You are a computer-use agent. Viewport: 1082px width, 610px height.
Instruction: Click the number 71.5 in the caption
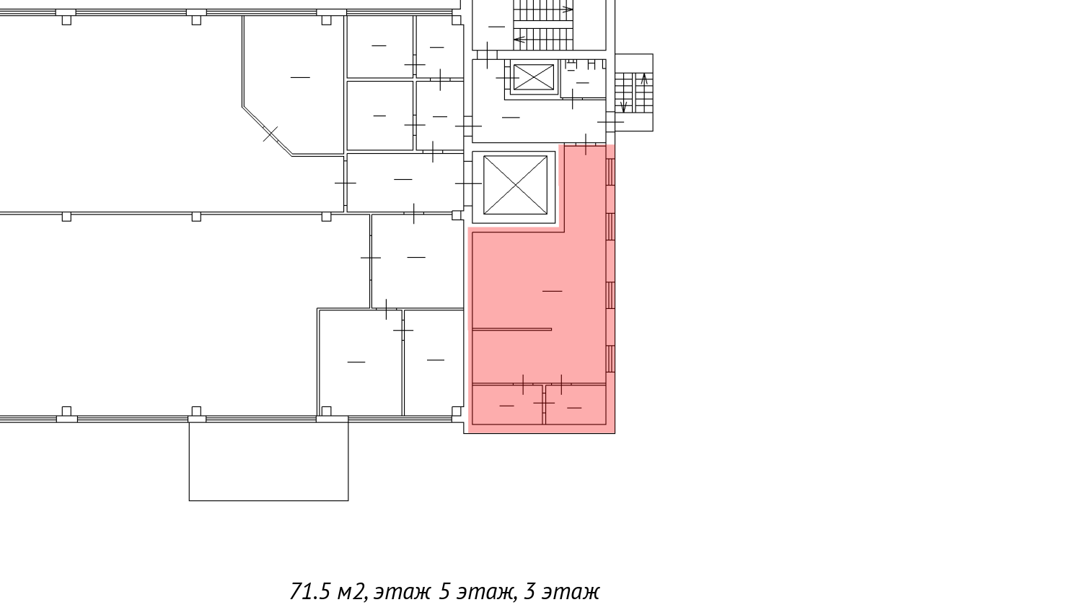[310, 592]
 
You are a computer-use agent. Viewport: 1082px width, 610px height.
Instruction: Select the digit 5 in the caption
[444, 592]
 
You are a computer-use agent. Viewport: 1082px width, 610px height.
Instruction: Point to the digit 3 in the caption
[529, 592]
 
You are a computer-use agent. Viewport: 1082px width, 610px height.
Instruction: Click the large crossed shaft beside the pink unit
[516, 185]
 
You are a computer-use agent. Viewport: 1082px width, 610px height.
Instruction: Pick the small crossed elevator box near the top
[533, 77]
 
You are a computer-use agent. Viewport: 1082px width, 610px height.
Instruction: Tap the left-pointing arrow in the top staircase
[520, 39]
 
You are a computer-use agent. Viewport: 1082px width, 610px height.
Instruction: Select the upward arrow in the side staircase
[644, 79]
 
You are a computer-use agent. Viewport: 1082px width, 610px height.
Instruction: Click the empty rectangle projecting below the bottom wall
[268, 459]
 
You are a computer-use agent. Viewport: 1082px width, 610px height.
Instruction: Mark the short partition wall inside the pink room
[512, 329]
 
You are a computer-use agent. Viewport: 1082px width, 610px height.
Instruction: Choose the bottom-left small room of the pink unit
[507, 404]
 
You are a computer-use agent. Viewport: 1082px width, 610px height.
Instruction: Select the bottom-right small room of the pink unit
[576, 404]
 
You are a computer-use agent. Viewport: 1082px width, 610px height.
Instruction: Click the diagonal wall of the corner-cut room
[267, 131]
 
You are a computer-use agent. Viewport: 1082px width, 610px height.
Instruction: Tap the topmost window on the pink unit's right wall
[610, 172]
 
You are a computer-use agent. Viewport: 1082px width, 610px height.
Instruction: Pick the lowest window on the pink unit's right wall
[610, 359]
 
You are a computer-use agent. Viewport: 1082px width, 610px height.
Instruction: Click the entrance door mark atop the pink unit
[586, 144]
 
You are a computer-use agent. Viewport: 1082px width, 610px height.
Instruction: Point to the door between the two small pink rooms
[544, 403]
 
